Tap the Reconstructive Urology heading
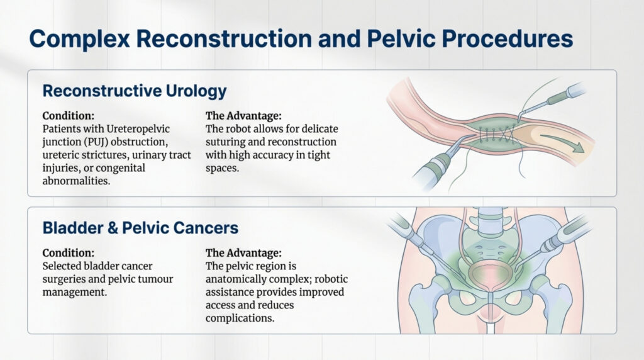(x=134, y=91)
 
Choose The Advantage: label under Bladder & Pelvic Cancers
(x=243, y=252)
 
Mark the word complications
(x=240, y=318)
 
